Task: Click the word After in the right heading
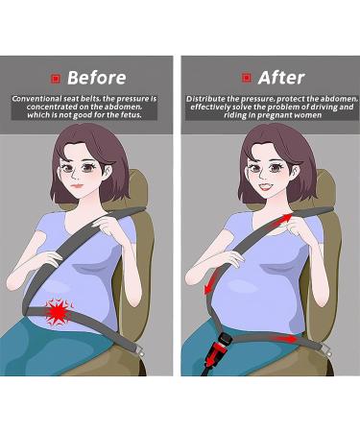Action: pos(279,76)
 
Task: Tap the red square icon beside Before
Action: pos(56,77)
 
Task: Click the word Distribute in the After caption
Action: pos(205,99)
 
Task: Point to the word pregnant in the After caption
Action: pos(273,114)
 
